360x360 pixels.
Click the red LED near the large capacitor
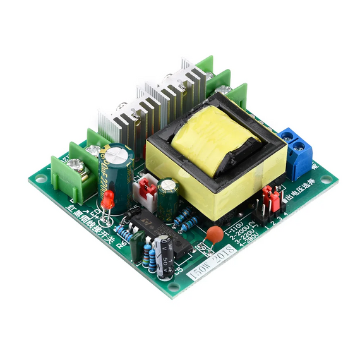tap(108, 199)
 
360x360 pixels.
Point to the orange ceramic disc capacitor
tap(215, 234)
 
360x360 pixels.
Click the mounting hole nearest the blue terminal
tap(323, 183)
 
